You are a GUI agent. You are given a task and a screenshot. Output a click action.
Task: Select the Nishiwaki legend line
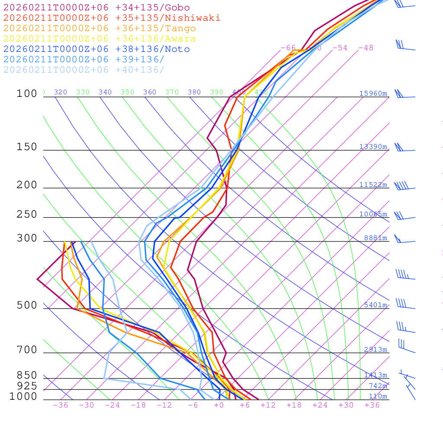point(112,18)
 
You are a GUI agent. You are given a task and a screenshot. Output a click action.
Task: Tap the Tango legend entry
point(100,29)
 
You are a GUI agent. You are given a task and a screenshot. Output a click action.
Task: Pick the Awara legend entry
point(100,39)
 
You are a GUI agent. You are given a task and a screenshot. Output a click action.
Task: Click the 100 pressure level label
point(27,93)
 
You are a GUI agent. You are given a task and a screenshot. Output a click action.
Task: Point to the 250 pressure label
point(27,215)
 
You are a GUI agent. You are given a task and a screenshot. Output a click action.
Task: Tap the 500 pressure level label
point(27,305)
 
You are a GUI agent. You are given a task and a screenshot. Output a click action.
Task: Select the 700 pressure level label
point(27,350)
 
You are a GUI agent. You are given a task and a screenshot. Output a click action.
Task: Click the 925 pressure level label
point(27,386)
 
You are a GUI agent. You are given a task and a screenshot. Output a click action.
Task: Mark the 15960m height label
point(373,93)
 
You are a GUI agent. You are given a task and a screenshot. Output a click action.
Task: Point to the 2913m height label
point(376,350)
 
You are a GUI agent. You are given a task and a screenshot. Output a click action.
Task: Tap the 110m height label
point(378,396)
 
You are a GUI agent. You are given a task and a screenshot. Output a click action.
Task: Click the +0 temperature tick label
point(219,405)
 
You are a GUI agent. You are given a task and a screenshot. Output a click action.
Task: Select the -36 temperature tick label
point(61,405)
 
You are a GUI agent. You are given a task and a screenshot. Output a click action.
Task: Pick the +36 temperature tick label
point(372,405)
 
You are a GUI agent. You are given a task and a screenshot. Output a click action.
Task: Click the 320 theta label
point(61,92)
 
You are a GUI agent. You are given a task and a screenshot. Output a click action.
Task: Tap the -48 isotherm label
point(366,48)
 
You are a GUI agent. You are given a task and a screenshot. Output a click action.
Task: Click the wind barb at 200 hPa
point(402,186)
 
